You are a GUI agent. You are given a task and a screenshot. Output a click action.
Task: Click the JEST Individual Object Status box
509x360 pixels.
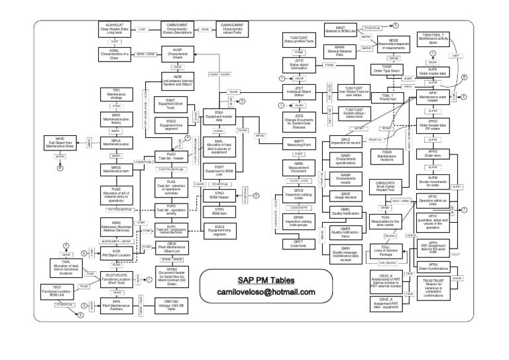pos(298,93)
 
